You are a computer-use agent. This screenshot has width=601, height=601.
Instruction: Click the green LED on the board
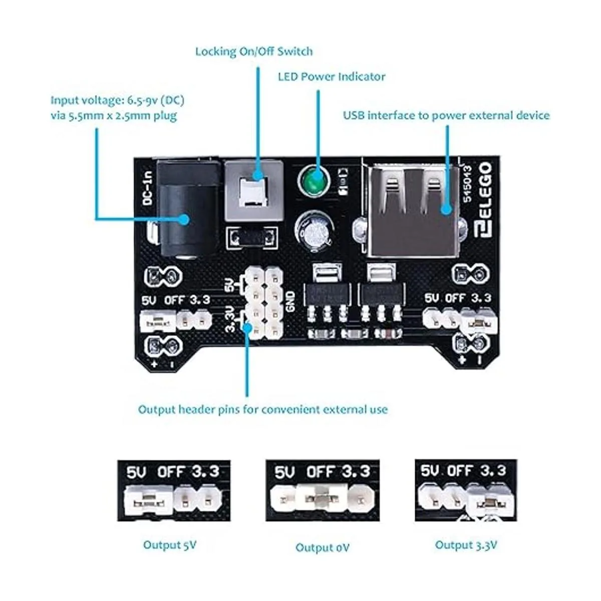tap(312, 181)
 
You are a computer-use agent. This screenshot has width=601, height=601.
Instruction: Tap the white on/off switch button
tap(252, 192)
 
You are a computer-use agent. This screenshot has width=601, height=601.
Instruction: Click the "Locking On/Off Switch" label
tap(253, 51)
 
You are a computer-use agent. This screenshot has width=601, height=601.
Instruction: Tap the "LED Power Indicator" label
tap(332, 77)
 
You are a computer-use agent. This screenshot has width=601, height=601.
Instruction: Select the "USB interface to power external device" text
tap(446, 115)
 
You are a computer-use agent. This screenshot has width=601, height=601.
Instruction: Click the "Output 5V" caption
tap(170, 545)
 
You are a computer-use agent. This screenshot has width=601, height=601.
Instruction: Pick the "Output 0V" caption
tap(322, 547)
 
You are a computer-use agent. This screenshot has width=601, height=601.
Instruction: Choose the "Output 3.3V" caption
tap(466, 545)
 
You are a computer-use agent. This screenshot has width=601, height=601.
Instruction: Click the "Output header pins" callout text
tap(262, 410)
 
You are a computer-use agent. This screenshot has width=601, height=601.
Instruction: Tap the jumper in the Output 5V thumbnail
tap(148, 499)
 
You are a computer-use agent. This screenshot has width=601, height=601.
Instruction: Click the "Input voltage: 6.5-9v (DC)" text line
tap(117, 100)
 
